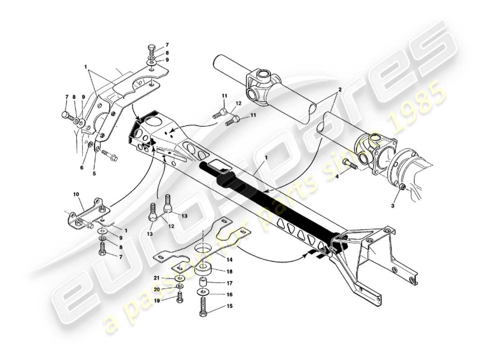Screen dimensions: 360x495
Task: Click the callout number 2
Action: point(340,90)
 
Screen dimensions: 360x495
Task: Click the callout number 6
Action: point(81,167)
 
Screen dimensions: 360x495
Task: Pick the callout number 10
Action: point(76,194)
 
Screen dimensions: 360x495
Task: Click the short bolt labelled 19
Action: point(180,297)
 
